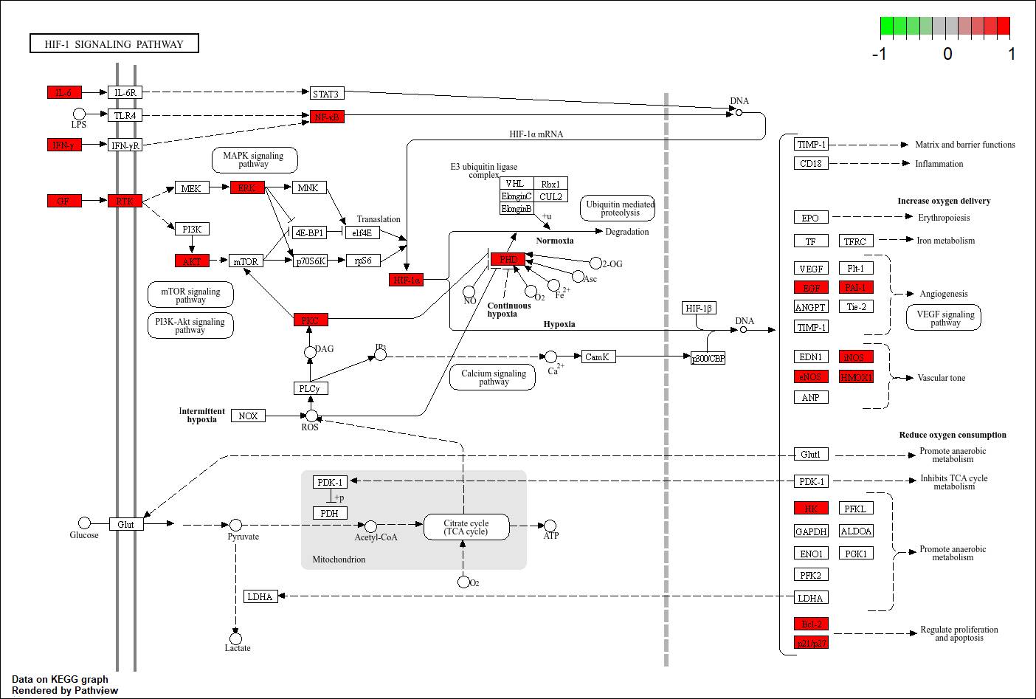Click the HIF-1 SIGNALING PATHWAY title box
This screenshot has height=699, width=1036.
pos(114,44)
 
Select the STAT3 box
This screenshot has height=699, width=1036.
pos(326,94)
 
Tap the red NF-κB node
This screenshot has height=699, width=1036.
pos(326,117)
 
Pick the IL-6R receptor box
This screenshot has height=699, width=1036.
pos(125,93)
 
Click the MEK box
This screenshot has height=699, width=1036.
pos(191,188)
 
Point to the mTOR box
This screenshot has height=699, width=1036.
pos(246,261)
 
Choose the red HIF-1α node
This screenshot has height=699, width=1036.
pos(407,280)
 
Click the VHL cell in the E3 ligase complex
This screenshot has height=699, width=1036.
pos(515,184)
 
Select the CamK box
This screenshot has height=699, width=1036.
pos(597,357)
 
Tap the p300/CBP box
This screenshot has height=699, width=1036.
pos(708,359)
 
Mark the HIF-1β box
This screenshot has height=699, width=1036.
pos(699,309)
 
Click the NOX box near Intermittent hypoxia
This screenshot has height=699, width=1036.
pos(248,416)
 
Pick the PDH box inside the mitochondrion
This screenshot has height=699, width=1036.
pos(329,513)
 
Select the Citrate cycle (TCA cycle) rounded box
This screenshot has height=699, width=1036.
pos(466,527)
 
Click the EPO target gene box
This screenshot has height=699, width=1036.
pos(810,218)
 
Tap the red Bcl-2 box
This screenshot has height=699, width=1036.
pos(811,624)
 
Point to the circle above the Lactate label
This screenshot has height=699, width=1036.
pos(235,638)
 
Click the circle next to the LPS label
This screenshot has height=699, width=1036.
pos(79,114)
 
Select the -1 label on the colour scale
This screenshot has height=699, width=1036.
pos(879,54)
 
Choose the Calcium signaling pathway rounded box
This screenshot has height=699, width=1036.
pos(494,377)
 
